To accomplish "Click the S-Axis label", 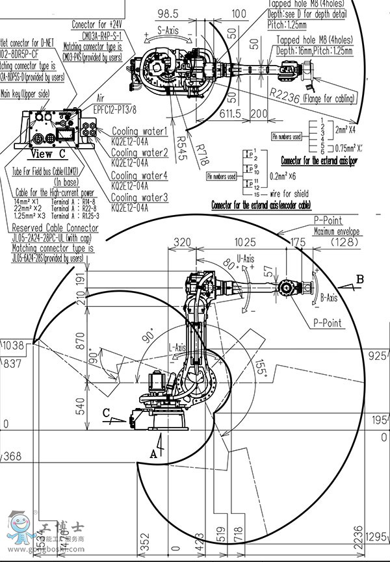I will pyautogui.click(x=168, y=30).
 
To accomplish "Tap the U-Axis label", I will pyautogui.click(x=246, y=259).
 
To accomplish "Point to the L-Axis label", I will pyautogui.click(x=177, y=348).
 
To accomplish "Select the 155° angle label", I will pyautogui.click(x=261, y=366).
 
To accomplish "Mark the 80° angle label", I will pyautogui.click(x=228, y=266).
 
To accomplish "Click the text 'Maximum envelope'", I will pyautogui.click(x=337, y=231).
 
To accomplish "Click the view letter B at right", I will pyautogui.click(x=359, y=280).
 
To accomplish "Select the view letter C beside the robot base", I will pyautogui.click(x=106, y=411).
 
